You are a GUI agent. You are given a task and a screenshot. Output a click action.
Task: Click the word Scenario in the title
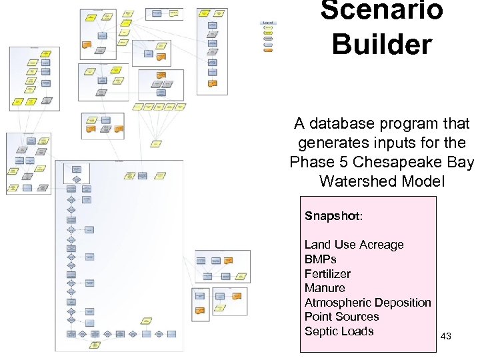(x=381, y=10)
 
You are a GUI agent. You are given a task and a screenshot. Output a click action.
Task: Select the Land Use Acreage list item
(x=354, y=245)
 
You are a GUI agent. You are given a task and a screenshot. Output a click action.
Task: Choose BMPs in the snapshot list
(x=320, y=259)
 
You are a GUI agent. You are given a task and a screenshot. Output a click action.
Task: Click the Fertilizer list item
(x=327, y=274)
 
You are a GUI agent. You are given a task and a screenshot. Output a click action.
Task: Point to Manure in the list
(x=325, y=288)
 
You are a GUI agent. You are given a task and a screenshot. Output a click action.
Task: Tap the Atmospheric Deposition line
(x=367, y=303)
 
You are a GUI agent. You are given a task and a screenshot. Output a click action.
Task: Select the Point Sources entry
(x=341, y=317)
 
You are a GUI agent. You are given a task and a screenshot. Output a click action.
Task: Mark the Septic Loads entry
(x=339, y=331)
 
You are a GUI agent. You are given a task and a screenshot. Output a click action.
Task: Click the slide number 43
(x=446, y=337)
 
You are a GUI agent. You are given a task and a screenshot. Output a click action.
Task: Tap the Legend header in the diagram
(x=268, y=23)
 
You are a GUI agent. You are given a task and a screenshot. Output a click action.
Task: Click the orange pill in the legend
(x=268, y=50)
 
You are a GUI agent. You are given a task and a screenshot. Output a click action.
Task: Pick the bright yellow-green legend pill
(x=268, y=28)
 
